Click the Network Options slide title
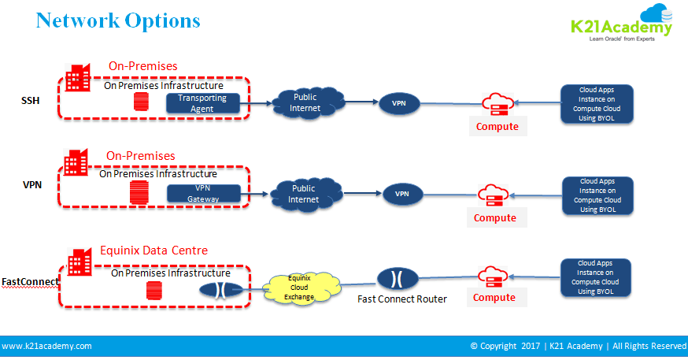pyautogui.click(x=118, y=20)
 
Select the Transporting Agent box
pyautogui.click(x=202, y=102)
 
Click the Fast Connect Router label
pyautogui.click(x=401, y=299)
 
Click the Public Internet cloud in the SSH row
pyautogui.click(x=305, y=102)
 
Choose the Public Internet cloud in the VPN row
pyautogui.click(x=303, y=194)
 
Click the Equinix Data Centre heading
pyautogui.click(x=154, y=251)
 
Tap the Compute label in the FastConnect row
pyautogui.click(x=494, y=298)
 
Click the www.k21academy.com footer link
pyautogui.click(x=47, y=346)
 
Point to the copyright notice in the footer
pyautogui.click(x=578, y=346)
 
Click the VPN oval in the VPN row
pyautogui.click(x=401, y=194)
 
